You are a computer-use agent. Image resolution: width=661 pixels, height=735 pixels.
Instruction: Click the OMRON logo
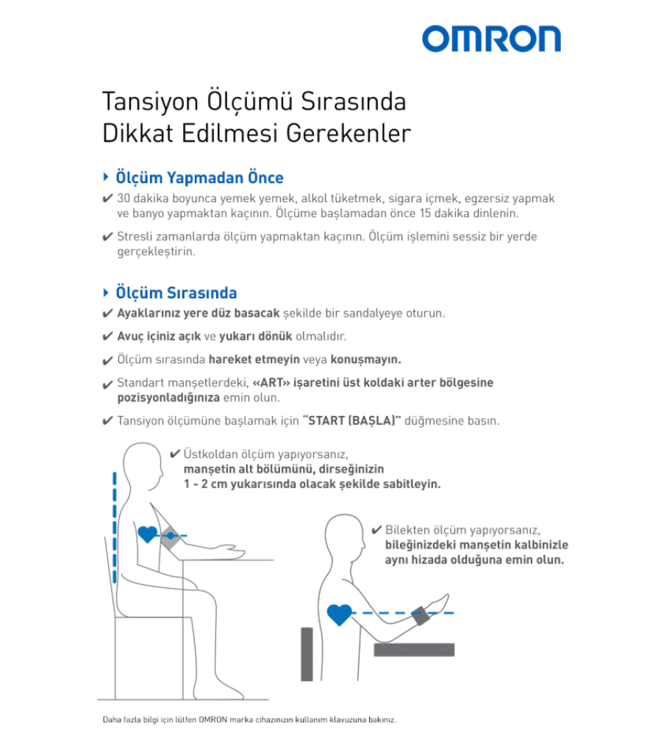click(x=491, y=39)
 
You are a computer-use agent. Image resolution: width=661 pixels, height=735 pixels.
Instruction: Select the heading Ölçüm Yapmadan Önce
click(x=199, y=178)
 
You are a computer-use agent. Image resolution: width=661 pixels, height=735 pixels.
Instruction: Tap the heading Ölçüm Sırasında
click(x=176, y=293)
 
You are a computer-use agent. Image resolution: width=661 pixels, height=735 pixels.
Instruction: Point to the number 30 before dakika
click(x=124, y=198)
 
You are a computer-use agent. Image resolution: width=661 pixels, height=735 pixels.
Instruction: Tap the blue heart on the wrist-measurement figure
click(x=339, y=614)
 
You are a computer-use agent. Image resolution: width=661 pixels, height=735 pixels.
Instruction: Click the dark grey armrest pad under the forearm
click(x=414, y=649)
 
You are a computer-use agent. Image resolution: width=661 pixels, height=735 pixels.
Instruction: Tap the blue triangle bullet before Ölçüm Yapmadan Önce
click(x=107, y=178)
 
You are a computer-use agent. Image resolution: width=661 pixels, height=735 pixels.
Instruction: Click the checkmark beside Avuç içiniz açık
click(x=107, y=337)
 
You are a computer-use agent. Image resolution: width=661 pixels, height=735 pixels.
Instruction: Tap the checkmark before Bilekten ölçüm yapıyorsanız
click(x=376, y=530)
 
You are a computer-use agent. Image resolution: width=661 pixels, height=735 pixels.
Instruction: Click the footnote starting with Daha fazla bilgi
click(x=249, y=720)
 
